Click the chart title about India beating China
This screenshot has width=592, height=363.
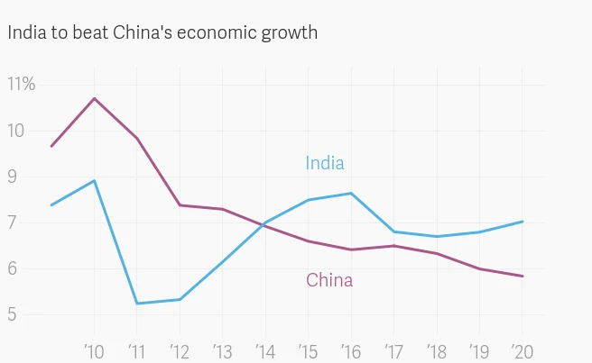tap(162, 33)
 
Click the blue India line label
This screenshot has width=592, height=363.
tap(324, 163)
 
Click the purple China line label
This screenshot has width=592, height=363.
tap(329, 280)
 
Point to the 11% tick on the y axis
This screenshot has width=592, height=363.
tap(21, 85)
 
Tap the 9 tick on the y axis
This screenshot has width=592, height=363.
tap(13, 177)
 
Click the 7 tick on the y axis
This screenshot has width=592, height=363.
tap(13, 223)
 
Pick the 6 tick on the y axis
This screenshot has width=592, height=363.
tap(13, 269)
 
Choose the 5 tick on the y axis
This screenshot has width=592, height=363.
tap(13, 315)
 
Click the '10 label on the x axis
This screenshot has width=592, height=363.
tap(94, 349)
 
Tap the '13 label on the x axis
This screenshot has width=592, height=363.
tap(222, 349)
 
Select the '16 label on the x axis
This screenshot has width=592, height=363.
tap(350, 349)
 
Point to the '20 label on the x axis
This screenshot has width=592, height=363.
tap(521, 349)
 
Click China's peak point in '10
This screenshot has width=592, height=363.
tap(95, 98)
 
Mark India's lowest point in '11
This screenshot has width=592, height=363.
tap(137, 304)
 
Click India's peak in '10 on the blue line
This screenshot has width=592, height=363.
tap(95, 180)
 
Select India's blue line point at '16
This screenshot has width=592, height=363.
tap(351, 193)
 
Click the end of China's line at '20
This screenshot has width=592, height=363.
tap(523, 277)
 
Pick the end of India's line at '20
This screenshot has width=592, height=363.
tap(523, 222)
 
